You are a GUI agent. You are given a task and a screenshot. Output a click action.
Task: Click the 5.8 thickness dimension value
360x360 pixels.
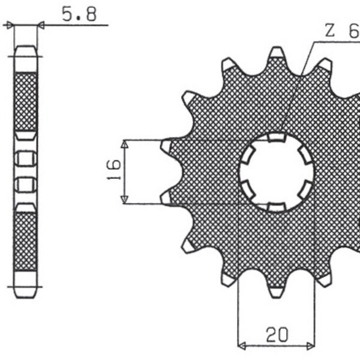pos(79,15)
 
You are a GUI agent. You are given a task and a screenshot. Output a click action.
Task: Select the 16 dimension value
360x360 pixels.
pos(114,172)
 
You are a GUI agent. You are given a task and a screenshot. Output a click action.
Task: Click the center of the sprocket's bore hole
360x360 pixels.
pos(277,172)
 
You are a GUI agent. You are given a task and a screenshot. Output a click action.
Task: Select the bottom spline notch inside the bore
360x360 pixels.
pos(276,207)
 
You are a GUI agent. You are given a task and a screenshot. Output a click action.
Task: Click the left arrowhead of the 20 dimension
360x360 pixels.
pos(242,346)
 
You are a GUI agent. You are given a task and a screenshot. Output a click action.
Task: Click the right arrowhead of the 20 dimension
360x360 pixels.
pos(310,346)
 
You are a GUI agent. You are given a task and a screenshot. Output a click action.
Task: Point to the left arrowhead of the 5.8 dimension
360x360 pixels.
pos(9,25)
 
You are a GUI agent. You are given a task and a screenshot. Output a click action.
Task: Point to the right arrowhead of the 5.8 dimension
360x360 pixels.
pos(41,25)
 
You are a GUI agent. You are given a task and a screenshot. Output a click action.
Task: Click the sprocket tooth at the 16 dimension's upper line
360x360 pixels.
pos(167,145)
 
